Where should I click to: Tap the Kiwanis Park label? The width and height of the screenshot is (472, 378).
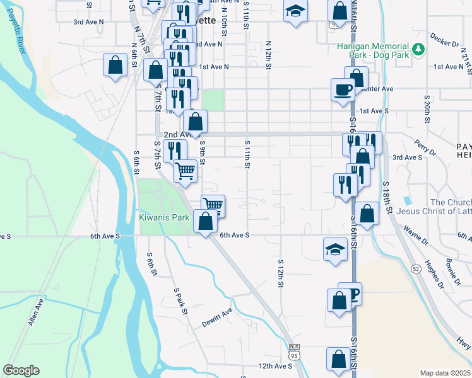pyautogui.click(x=164, y=217)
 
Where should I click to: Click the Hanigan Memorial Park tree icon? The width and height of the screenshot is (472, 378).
pyautogui.click(x=417, y=49)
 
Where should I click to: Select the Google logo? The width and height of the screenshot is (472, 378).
pyautogui.click(x=21, y=370)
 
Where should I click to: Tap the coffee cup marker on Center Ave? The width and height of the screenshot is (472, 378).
pyautogui.click(x=343, y=89)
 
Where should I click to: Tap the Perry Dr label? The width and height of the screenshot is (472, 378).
pyautogui.click(x=426, y=149)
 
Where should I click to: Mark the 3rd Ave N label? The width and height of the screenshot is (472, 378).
pyautogui.click(x=87, y=21)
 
